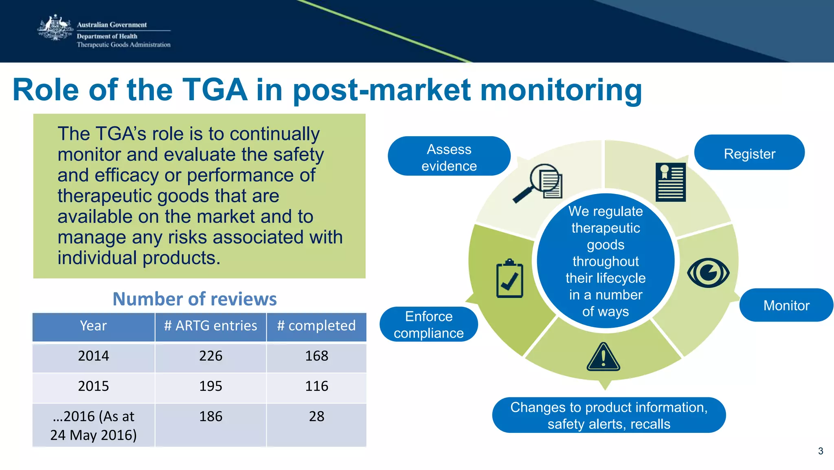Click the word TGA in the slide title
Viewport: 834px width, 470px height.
click(x=215, y=90)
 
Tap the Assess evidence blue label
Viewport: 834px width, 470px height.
click(x=449, y=157)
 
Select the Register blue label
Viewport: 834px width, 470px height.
click(x=749, y=153)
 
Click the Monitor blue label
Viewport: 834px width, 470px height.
click(x=786, y=305)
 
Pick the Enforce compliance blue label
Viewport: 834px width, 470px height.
click(x=428, y=324)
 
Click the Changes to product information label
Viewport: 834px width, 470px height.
click(x=608, y=415)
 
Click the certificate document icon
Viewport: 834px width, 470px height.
click(x=670, y=182)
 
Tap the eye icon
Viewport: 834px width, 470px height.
click(x=708, y=273)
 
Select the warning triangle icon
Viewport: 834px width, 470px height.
click(x=603, y=357)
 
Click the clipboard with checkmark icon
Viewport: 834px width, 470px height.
click(x=509, y=278)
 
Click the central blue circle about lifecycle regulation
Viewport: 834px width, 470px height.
click(x=605, y=261)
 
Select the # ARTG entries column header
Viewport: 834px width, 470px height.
click(x=211, y=326)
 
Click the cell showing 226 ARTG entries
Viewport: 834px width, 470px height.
click(x=211, y=356)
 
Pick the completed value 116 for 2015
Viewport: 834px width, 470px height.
click(x=316, y=386)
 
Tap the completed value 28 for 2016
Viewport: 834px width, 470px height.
click(x=316, y=417)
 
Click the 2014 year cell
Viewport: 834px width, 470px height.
click(x=93, y=356)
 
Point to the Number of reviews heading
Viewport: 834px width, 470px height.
click(x=195, y=299)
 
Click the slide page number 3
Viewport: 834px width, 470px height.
click(x=820, y=451)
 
